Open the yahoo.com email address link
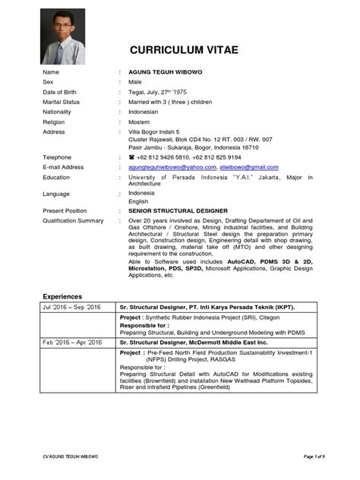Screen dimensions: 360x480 pos(172,167)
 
